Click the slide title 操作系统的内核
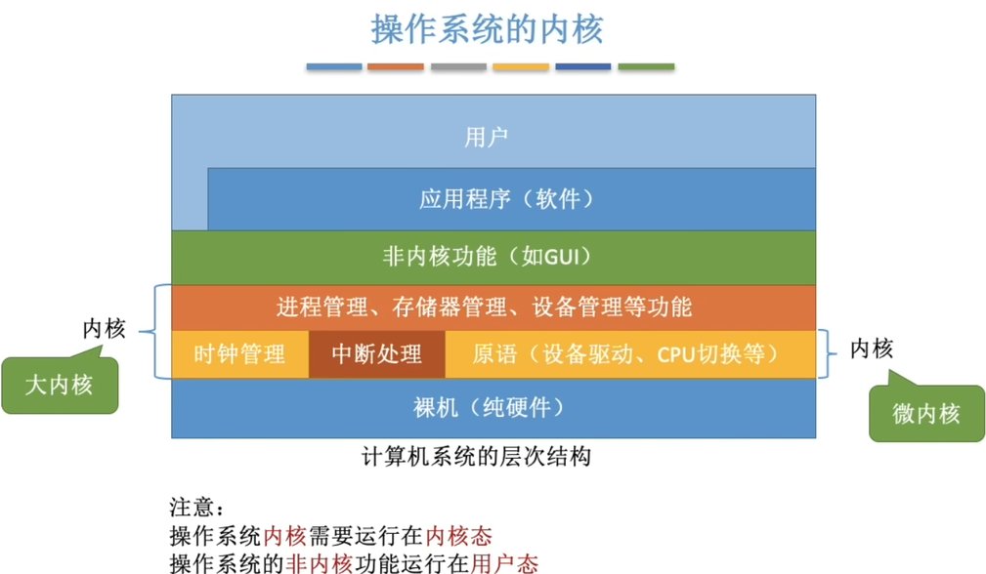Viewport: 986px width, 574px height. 488,29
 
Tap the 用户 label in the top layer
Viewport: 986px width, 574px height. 486,138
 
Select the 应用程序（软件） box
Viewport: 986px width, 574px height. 506,199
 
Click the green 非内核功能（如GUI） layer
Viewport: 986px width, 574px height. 493,257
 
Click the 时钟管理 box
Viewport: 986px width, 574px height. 239,353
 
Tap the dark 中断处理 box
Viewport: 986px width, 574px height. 376,353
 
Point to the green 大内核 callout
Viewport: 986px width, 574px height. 60,386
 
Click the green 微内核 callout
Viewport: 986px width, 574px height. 925,414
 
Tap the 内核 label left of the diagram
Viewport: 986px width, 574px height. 104,329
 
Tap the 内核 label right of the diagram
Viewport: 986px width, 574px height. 872,348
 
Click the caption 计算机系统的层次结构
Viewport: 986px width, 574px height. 476,456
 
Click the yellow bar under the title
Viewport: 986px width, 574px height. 521,66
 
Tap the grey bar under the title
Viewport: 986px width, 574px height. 458,66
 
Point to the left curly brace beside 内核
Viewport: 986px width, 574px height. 156,331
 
